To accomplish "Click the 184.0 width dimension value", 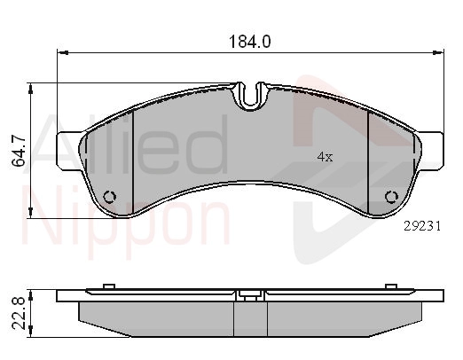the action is pos(250,42).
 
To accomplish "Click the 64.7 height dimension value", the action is pos(19,152).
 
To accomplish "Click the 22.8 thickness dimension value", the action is pos(19,314).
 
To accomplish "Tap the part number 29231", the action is pos(422,226).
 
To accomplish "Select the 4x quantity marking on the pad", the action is pos(325,157).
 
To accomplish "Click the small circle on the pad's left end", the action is pos(110,197).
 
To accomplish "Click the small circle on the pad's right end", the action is pos(392,197).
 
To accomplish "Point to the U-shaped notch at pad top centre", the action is pos(250,95).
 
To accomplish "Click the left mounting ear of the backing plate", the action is pos(70,151).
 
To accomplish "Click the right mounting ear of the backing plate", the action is pos(431,151).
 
